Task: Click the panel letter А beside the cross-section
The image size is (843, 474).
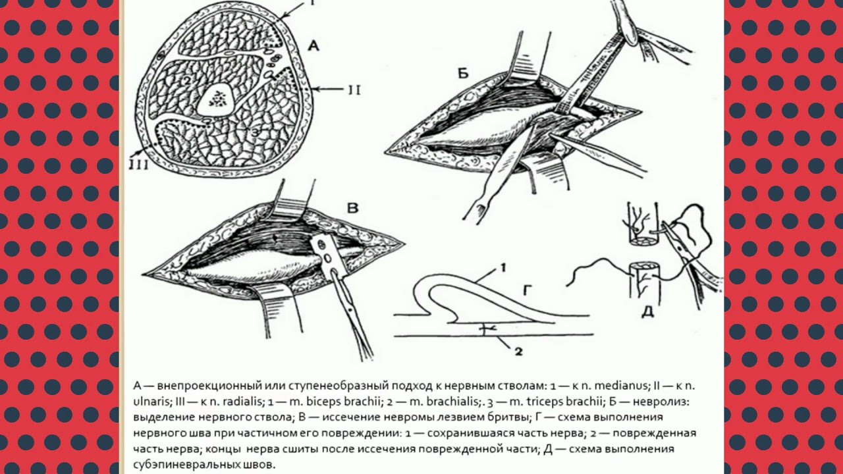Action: (313, 46)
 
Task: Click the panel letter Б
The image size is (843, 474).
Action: (463, 74)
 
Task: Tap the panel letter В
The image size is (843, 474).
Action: (352, 208)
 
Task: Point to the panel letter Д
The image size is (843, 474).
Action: (647, 311)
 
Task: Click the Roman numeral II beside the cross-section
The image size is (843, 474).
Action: (354, 90)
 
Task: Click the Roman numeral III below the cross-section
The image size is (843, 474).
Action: (138, 165)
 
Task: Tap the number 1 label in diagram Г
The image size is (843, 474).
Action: (503, 268)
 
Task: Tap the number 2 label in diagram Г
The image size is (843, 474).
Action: (518, 352)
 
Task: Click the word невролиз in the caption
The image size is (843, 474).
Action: (661, 402)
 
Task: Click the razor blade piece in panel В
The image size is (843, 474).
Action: (327, 256)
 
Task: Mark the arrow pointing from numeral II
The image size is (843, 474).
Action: (327, 90)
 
